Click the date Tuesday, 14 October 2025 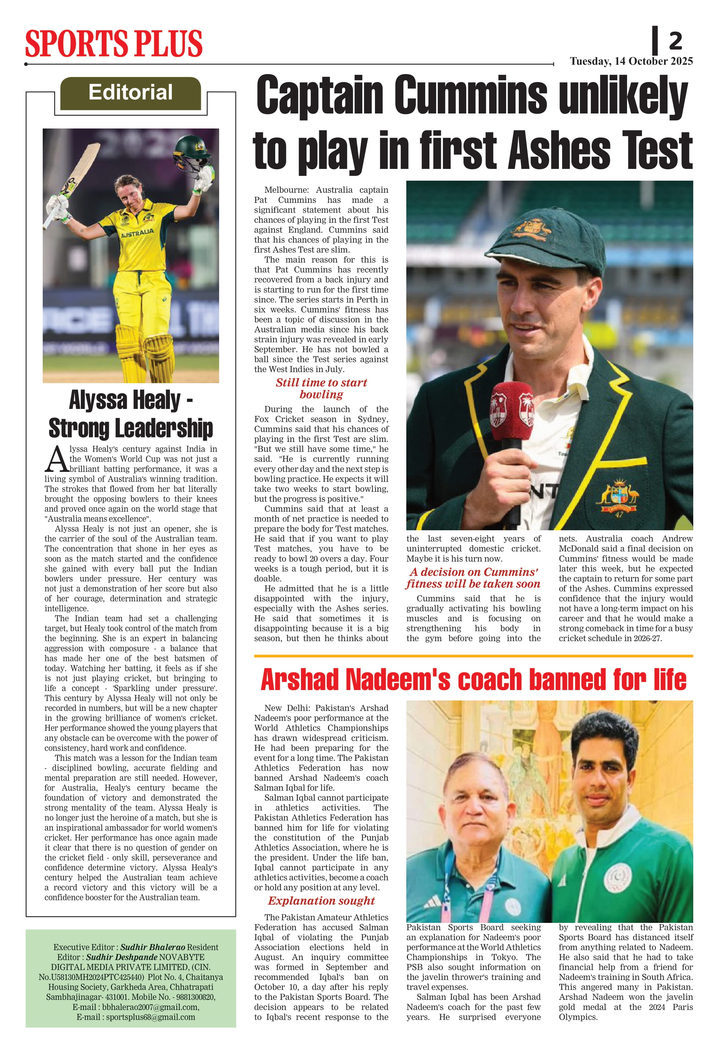[631, 61]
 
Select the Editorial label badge [130, 93]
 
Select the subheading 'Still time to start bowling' [321, 388]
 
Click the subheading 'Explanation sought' [321, 901]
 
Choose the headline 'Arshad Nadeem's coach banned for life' [473, 680]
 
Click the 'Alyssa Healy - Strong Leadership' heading [130, 414]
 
